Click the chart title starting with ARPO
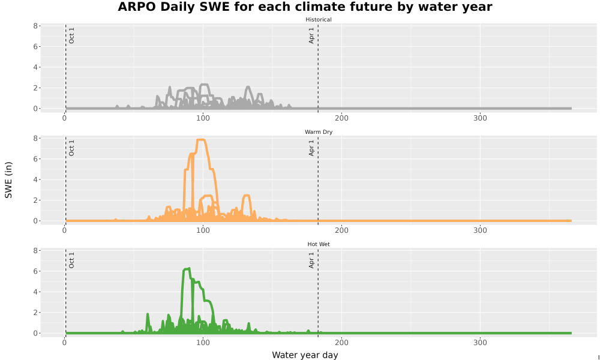pos(305,7)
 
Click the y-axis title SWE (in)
pos(8,180)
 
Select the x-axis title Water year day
pos(305,355)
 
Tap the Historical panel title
pos(319,20)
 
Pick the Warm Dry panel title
pos(319,132)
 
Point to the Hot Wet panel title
pos(319,244)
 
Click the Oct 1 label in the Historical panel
pos(71,35)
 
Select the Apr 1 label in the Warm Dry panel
pos(311,148)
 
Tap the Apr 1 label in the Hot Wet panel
pos(311,260)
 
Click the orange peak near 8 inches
pos(201,140)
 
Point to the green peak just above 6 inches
pos(187,269)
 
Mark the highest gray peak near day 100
pos(205,85)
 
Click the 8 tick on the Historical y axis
pos(35,26)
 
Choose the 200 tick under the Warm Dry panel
pos(341,230)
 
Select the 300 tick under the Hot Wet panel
pos(480,343)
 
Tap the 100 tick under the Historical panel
pos(203,118)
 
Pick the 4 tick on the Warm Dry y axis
pos(35,180)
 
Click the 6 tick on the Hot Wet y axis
pos(35,271)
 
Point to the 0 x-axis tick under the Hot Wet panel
pos(64,343)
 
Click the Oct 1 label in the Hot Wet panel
pos(71,260)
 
